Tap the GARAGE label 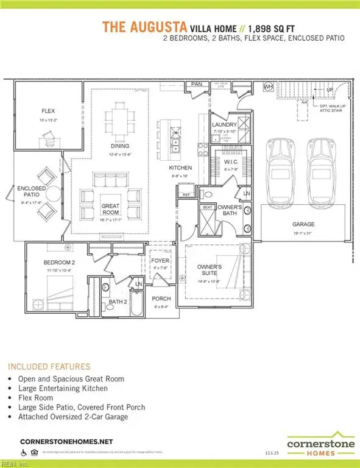click(302, 224)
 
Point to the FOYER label click(160, 261)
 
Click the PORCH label click(161, 299)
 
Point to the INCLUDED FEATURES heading click(48, 366)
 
